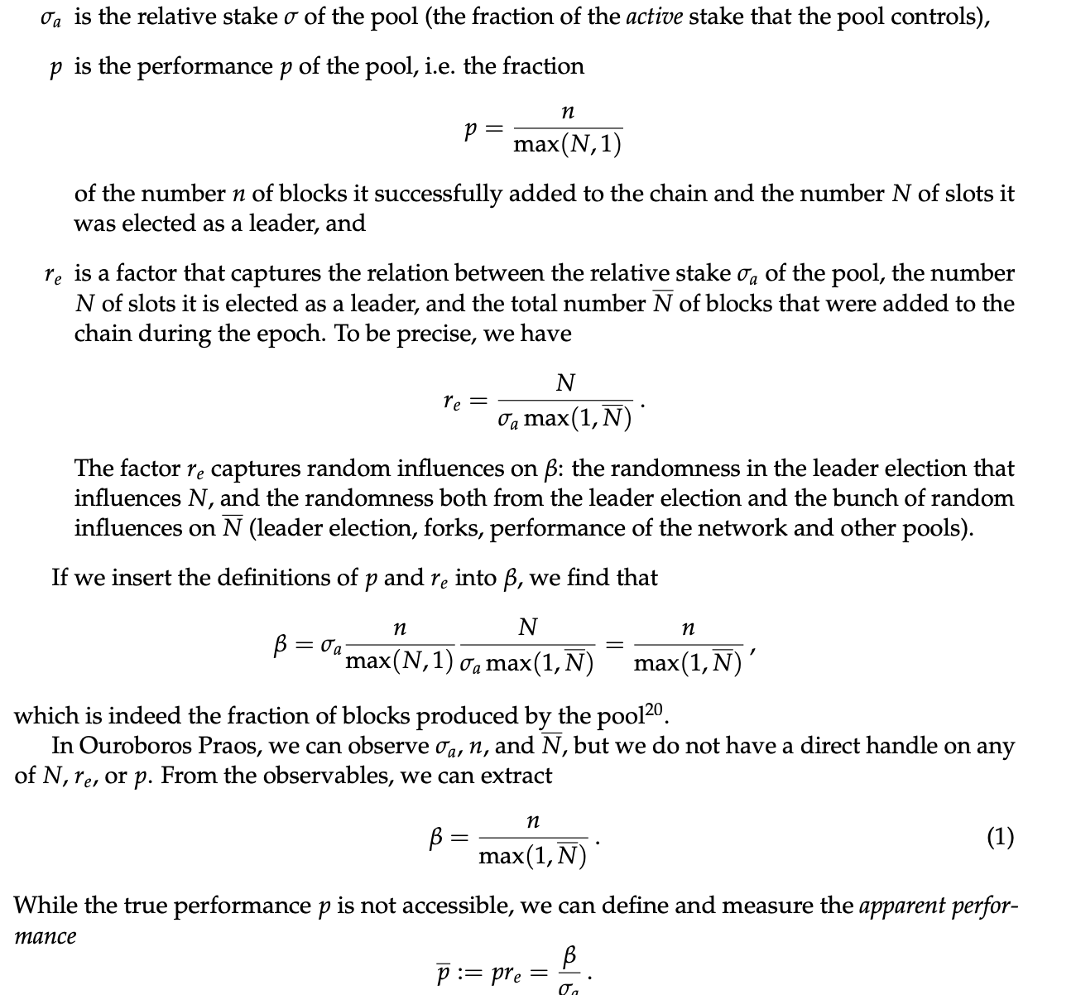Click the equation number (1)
click(1000, 838)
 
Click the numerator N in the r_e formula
click(566, 383)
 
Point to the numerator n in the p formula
click(567, 111)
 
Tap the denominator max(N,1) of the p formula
click(567, 145)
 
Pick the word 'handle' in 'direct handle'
click(896, 746)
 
